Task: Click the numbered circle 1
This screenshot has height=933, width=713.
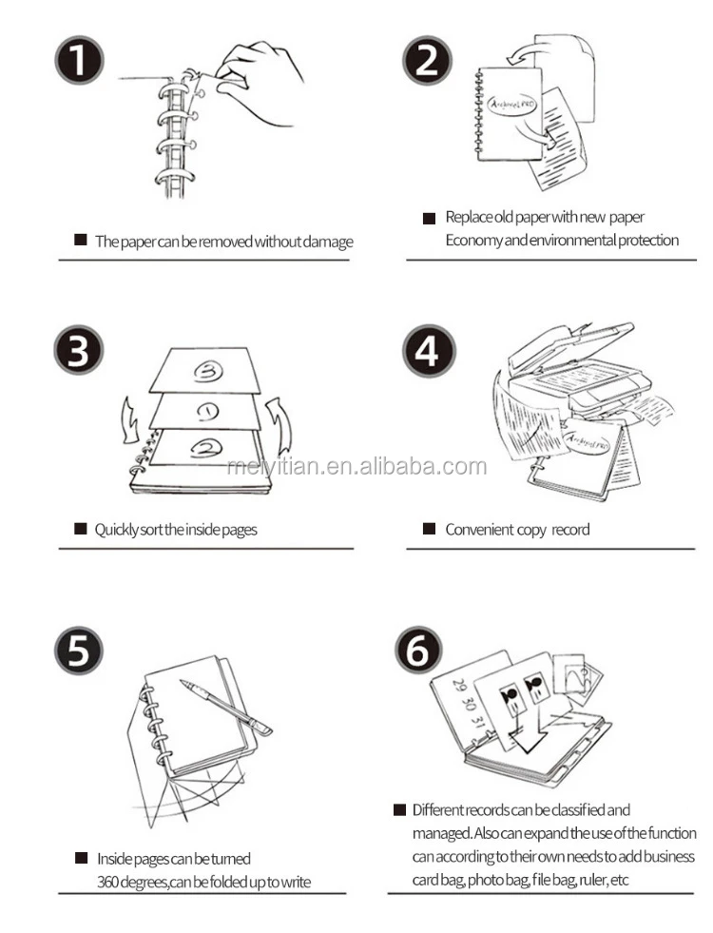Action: point(79,60)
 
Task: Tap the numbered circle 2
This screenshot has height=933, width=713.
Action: point(427,60)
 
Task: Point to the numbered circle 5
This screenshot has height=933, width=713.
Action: point(79,650)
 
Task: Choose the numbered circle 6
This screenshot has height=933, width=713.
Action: point(418,650)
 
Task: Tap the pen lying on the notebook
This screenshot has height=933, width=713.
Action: point(226,707)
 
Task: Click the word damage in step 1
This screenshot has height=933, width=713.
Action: point(328,242)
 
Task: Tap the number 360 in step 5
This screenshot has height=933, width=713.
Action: point(107,882)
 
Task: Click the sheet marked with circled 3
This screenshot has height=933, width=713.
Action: point(205,370)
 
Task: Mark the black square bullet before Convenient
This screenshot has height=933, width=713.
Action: point(430,529)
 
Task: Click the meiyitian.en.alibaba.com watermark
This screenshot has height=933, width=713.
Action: point(356,466)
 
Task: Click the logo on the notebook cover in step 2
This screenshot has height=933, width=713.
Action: point(512,105)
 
